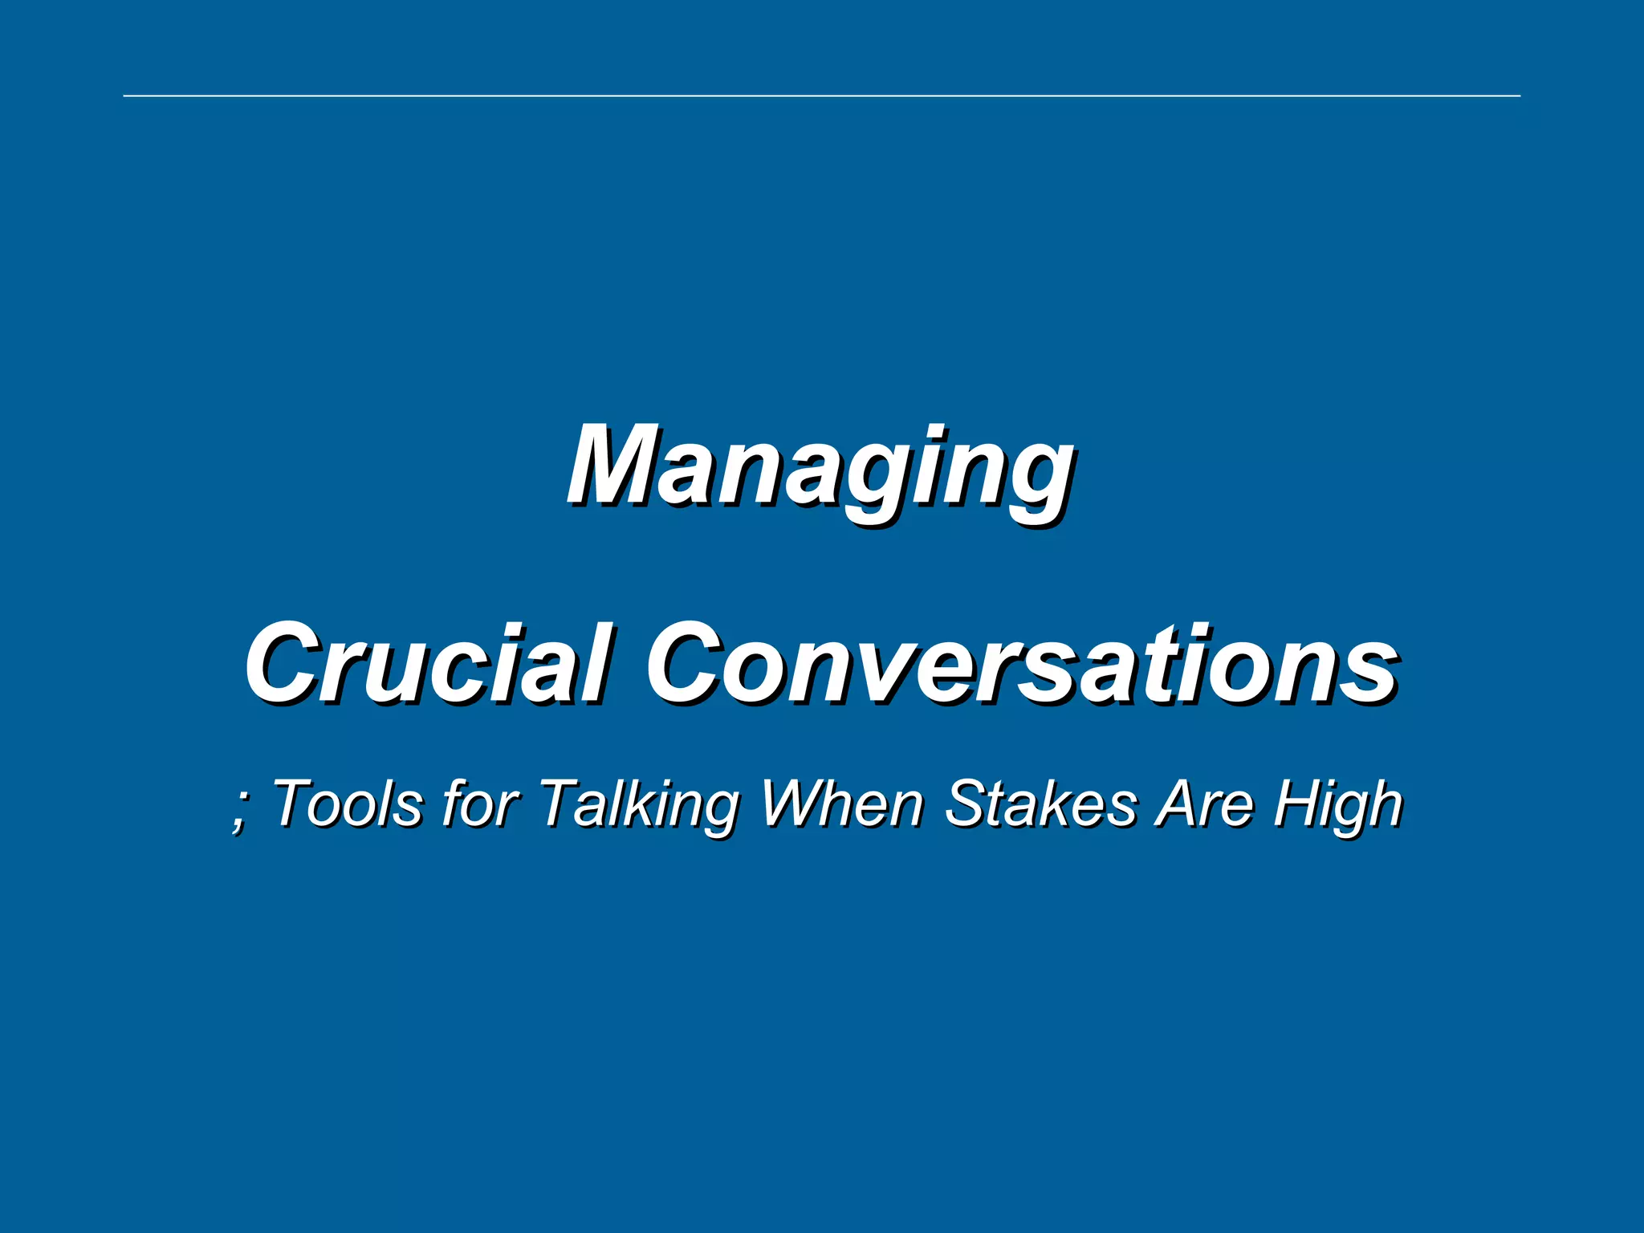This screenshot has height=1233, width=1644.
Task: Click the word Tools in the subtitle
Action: coord(347,803)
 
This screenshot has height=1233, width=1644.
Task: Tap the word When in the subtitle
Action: coord(842,803)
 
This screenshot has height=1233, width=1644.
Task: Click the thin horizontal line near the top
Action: coord(822,96)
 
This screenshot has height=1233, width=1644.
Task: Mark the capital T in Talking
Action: coord(562,803)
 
